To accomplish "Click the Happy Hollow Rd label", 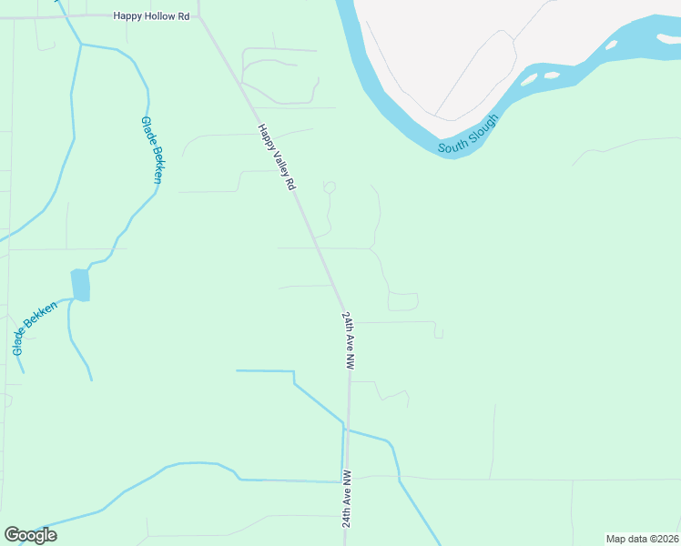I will [150, 15].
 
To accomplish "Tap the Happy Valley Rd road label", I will [277, 157].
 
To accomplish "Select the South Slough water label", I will [468, 133].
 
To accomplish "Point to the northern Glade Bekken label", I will [151, 150].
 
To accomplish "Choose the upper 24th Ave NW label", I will [348, 339].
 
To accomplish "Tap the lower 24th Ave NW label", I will [347, 499].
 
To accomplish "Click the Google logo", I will [30, 535].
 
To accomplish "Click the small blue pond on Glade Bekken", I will [81, 285].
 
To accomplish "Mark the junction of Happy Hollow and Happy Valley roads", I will [200, 15].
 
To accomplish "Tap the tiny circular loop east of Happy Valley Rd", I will [330, 187].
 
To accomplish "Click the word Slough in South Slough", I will [483, 126].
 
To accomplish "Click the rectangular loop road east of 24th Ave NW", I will [403, 301].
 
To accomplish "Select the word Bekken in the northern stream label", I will [156, 165].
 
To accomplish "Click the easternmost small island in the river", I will [611, 45].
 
